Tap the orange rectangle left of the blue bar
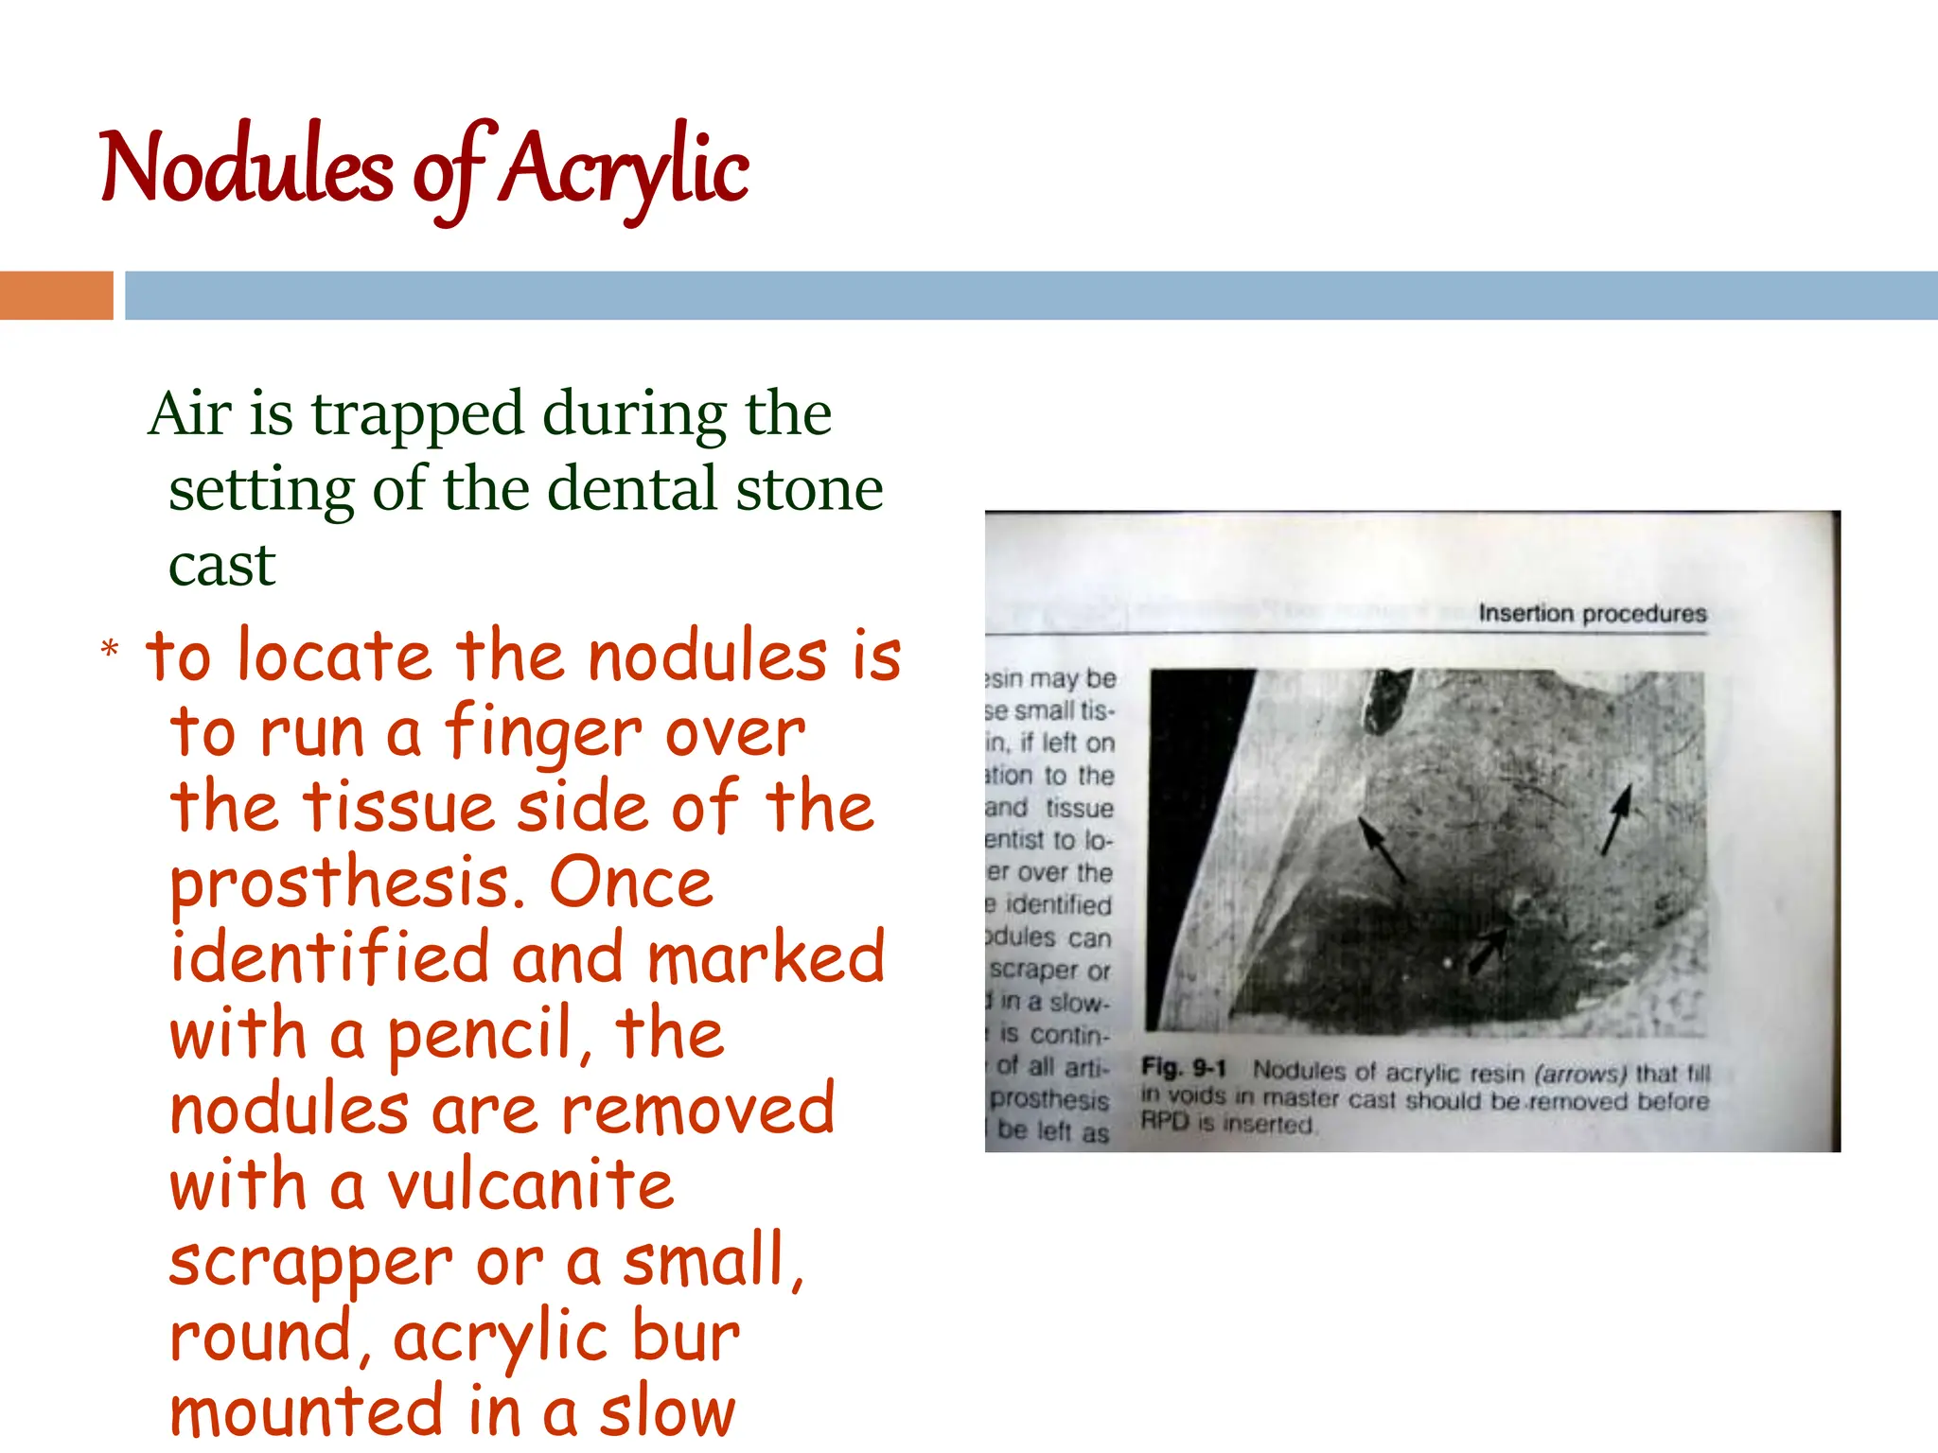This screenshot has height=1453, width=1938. pos(56,295)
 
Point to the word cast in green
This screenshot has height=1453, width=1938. pos(221,566)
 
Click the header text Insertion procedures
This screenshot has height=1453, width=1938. pos(1592,613)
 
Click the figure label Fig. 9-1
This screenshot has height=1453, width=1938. pos(1183,1069)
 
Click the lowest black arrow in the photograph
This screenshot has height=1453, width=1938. pos(1489,949)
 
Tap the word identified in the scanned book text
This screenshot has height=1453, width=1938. pos(1057,905)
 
